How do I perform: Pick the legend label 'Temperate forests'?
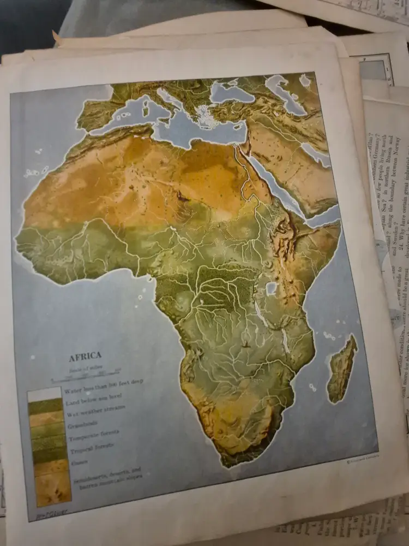click(x=93, y=438)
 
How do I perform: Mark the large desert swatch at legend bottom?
click(x=53, y=489)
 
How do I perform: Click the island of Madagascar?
click(x=342, y=369)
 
